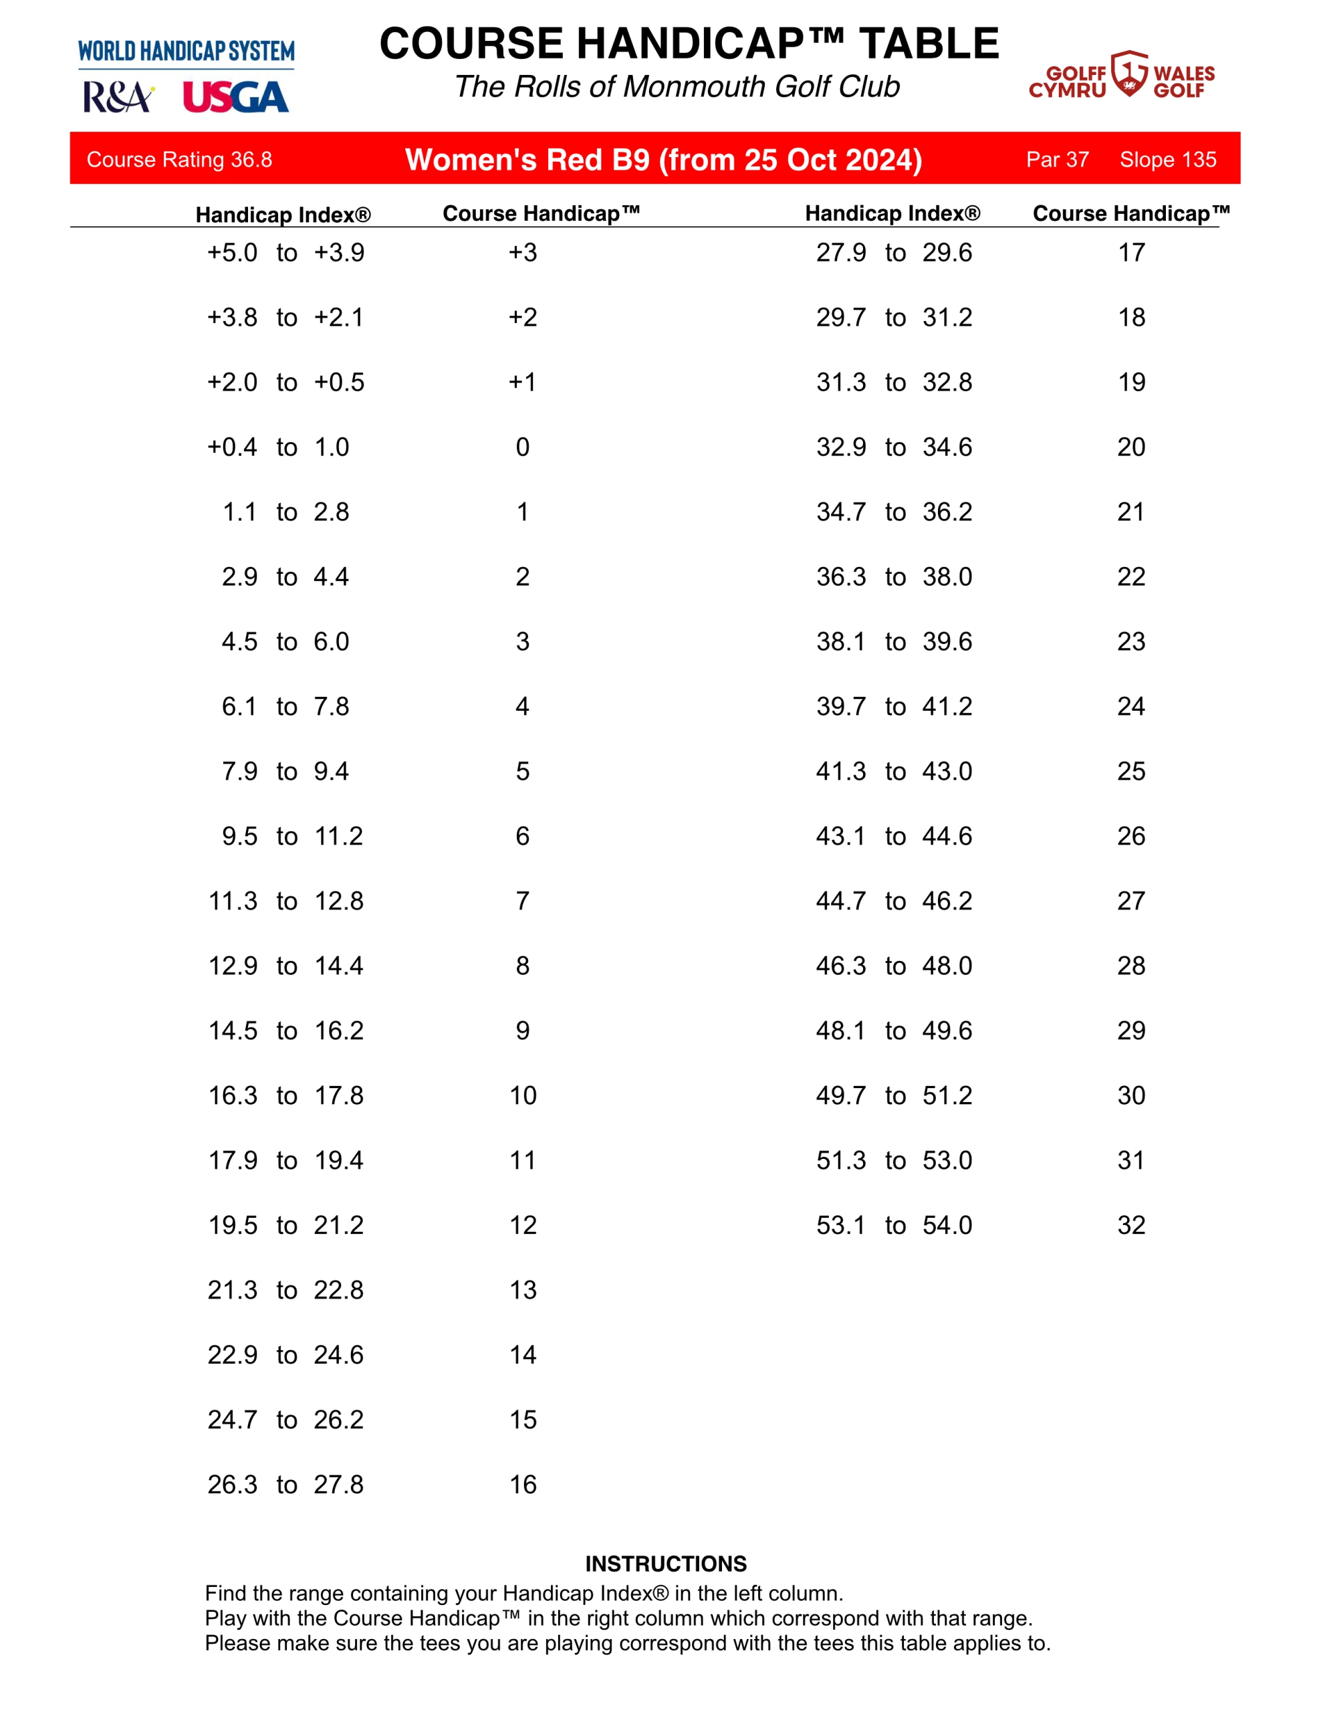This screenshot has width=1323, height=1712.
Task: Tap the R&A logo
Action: tap(118, 98)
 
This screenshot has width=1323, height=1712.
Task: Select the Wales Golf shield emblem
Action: tap(1129, 74)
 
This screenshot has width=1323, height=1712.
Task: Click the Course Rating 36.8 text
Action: tap(179, 160)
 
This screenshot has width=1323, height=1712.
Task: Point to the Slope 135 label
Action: tap(1168, 160)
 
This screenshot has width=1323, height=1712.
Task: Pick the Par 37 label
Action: tap(1058, 160)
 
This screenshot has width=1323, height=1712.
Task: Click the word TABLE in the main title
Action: tap(929, 44)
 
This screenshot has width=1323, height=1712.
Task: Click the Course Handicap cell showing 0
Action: tap(523, 447)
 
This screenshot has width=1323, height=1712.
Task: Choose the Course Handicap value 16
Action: tap(523, 1485)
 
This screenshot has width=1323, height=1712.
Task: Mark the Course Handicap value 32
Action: tap(1131, 1225)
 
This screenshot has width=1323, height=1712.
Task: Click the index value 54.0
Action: tap(947, 1225)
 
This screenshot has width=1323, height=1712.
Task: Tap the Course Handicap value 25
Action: tap(1131, 771)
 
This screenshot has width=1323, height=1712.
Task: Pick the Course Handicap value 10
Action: tap(523, 1096)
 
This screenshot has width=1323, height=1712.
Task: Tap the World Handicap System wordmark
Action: tap(187, 51)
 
